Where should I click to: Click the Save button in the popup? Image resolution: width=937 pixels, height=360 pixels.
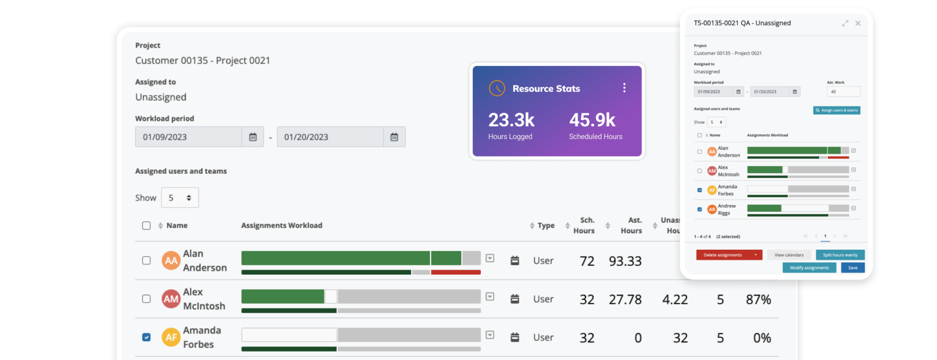click(853, 268)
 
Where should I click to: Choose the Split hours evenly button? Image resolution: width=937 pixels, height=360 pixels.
click(840, 255)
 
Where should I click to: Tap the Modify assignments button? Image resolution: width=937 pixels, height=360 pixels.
click(809, 268)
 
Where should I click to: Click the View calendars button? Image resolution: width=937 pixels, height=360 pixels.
click(789, 255)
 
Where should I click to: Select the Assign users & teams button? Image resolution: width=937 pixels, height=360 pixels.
click(836, 110)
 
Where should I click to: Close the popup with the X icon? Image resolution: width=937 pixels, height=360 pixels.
click(858, 23)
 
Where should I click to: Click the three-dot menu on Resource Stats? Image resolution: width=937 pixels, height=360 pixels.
click(624, 88)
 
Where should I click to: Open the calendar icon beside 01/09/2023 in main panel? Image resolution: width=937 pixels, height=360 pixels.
click(253, 137)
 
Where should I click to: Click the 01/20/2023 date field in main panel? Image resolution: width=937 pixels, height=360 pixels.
click(330, 137)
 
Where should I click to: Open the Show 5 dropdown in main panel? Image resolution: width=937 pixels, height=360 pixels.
click(180, 198)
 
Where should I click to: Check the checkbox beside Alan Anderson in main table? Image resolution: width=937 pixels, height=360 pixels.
click(146, 260)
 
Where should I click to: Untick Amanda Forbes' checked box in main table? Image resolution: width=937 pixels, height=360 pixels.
click(146, 337)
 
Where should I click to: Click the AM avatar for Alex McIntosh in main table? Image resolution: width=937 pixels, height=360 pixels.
click(171, 299)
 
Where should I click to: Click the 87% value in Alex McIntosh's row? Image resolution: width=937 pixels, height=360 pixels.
click(758, 300)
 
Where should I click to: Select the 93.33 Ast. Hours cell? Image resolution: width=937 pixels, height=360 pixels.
click(625, 261)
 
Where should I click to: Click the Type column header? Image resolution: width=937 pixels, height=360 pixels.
click(546, 225)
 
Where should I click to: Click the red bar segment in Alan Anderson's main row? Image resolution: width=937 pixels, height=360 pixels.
click(456, 272)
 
